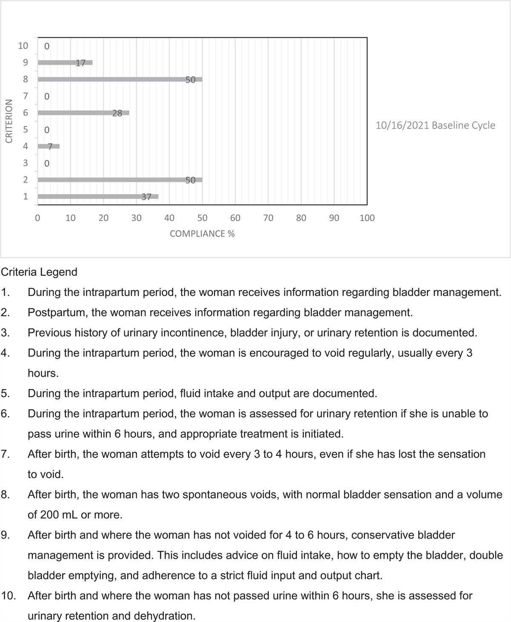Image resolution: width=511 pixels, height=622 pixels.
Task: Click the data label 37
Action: point(146,197)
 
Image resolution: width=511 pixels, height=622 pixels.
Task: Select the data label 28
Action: point(117,113)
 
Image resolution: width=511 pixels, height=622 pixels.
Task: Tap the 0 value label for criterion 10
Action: point(47,46)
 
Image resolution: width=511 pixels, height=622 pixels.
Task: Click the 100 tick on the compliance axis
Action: point(367,218)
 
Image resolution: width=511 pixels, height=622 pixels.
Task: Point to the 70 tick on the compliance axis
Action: point(268,218)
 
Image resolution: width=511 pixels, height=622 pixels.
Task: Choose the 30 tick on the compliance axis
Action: point(136,218)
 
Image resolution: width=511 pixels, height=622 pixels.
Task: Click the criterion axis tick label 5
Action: point(25,129)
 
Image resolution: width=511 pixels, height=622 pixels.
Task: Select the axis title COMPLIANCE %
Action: point(202,234)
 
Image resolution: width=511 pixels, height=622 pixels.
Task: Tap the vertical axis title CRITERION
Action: point(8,121)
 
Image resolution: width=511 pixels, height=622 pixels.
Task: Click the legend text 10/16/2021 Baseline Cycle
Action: point(435,126)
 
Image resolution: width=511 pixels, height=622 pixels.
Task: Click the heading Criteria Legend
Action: point(39,272)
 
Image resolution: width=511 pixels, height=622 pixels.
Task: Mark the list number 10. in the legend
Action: point(9,596)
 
